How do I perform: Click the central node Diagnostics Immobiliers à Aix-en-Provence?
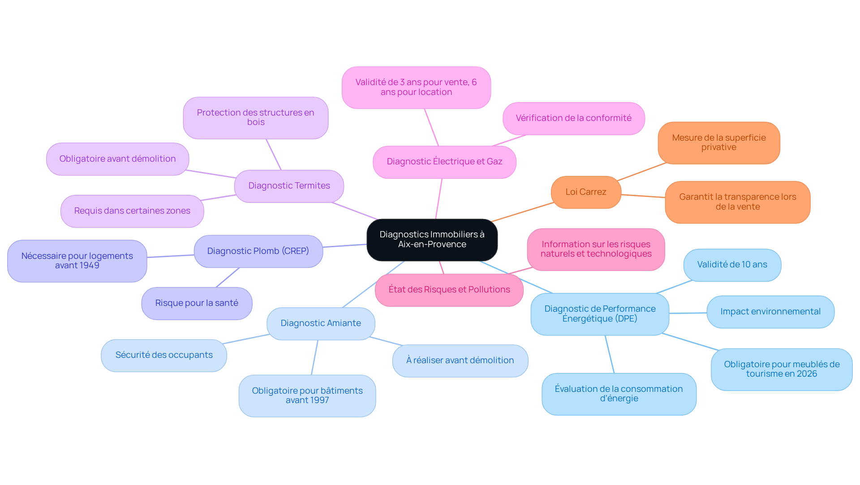(x=432, y=240)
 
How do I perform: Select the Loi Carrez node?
(x=586, y=192)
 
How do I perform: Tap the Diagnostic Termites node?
(x=289, y=186)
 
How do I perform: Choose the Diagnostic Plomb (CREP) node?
(x=258, y=251)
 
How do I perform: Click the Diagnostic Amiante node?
(x=321, y=323)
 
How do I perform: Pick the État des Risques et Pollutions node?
(x=449, y=290)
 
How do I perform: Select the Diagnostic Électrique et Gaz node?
(x=444, y=162)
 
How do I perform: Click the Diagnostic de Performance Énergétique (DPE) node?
(x=600, y=314)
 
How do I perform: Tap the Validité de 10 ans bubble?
(x=732, y=265)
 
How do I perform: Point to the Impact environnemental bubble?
(x=770, y=312)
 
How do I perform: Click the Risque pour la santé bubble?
(x=197, y=303)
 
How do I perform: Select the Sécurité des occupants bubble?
(x=164, y=355)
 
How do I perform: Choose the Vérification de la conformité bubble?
(x=573, y=118)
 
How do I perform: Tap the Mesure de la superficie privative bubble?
(x=719, y=143)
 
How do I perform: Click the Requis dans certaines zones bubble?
(x=132, y=211)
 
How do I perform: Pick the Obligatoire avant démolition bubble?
(x=117, y=159)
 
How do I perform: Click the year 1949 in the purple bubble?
(x=89, y=266)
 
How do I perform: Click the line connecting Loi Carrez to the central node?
(x=522, y=212)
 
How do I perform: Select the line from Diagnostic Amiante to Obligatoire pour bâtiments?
(x=314, y=357)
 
